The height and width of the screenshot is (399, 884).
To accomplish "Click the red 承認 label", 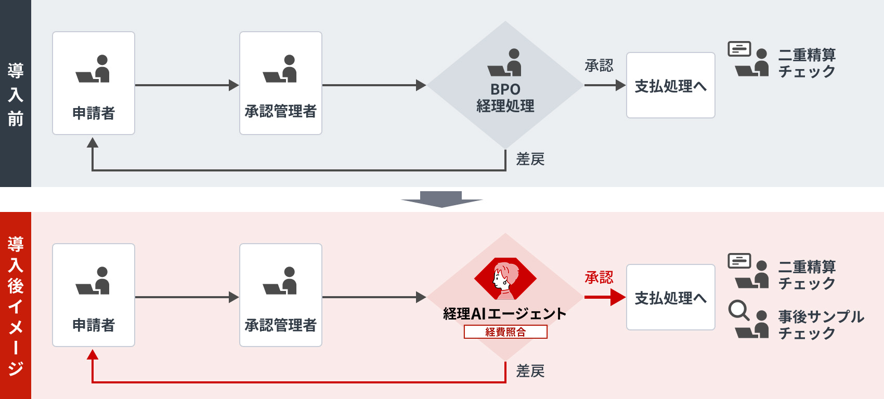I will click(x=599, y=278).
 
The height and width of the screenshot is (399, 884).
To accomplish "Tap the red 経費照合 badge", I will click(x=505, y=332).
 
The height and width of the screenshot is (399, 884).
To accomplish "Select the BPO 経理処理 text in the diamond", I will click(x=505, y=98).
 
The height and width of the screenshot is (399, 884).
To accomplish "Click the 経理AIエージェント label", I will click(x=504, y=314).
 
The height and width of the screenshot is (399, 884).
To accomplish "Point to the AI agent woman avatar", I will click(x=505, y=280).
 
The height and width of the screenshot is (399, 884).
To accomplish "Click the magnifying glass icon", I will click(x=738, y=311).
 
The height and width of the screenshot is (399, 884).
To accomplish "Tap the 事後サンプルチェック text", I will click(x=821, y=325).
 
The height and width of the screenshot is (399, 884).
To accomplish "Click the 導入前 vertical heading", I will click(x=16, y=95).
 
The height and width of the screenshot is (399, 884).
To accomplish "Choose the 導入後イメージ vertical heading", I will click(x=16, y=305).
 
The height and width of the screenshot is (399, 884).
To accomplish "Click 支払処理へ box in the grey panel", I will click(x=670, y=86).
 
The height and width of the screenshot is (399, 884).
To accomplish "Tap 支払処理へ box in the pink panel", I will click(x=670, y=298).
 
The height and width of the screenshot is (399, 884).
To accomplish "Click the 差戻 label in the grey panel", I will click(x=530, y=159).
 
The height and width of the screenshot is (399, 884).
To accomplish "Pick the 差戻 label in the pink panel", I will click(x=530, y=371).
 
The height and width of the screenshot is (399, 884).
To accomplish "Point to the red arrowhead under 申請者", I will click(x=93, y=355).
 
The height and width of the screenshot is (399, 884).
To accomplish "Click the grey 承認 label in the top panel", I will click(x=599, y=65).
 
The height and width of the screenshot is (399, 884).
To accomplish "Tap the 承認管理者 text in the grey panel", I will click(x=280, y=111).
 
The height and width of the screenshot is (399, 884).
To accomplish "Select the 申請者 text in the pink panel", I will click(x=94, y=325).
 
